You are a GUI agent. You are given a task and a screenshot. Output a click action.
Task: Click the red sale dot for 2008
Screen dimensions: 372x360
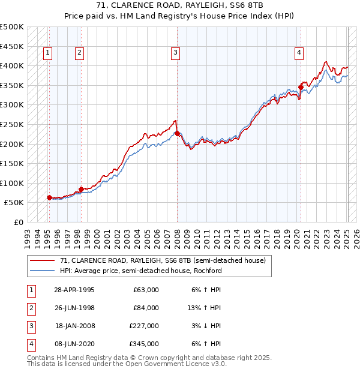[x=177, y=133]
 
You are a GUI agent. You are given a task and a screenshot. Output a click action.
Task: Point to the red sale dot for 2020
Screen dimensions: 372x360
[x=301, y=87]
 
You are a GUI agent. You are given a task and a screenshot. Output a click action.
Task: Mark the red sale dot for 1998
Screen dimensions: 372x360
[x=81, y=189]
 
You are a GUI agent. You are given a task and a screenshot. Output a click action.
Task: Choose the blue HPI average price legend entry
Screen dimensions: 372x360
[x=141, y=271]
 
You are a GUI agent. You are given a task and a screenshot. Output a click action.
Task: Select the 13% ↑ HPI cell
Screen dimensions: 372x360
[x=205, y=308]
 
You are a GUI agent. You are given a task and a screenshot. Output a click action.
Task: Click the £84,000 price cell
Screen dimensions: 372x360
[x=146, y=308]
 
